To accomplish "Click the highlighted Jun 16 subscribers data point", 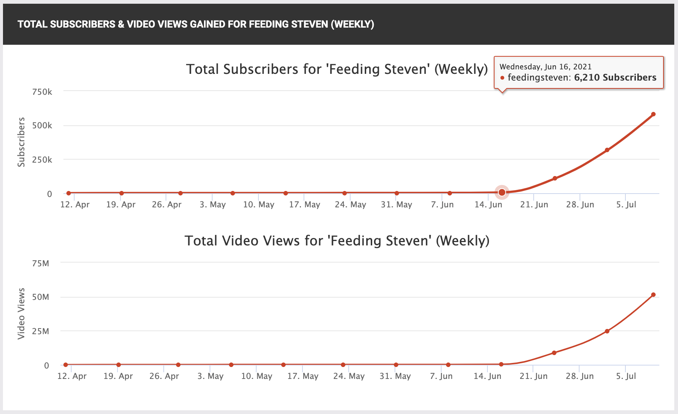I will tap(502, 192).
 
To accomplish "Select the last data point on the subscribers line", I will tap(653, 114).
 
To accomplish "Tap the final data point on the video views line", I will tap(653, 295).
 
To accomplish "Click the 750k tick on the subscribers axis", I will tap(42, 92).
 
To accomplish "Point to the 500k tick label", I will tap(42, 125).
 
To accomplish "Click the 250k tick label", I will tap(42, 160).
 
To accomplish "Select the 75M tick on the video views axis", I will tap(41, 263).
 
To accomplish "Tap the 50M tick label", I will tap(41, 297).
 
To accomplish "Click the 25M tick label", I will tap(41, 331).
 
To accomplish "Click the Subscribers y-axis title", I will tap(21, 142).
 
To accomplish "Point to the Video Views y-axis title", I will tap(21, 313).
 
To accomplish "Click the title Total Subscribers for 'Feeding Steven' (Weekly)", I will tap(337, 69).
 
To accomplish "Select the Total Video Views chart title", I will tap(337, 241).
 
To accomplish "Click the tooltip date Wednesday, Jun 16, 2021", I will tap(545, 67).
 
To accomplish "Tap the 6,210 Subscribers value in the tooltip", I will tap(615, 78).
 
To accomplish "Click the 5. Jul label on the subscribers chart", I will tap(626, 205).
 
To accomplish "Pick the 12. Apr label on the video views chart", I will tap(72, 376).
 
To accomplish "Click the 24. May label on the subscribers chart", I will tap(350, 205).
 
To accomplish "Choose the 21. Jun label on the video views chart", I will tap(534, 376).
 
